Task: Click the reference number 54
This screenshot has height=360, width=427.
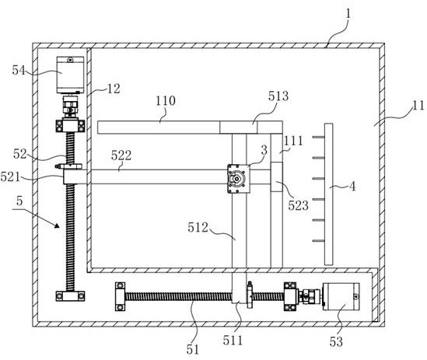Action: point(19,71)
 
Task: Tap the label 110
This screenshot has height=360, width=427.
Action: point(166,101)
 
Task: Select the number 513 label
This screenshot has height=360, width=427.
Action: point(278,96)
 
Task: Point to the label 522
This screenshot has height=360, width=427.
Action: point(121,156)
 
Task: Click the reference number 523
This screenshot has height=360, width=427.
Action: point(299,205)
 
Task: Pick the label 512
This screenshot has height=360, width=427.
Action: point(198,228)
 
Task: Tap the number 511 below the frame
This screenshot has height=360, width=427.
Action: point(233,341)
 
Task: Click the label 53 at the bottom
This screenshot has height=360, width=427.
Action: point(336,342)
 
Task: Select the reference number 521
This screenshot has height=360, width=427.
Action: point(10,177)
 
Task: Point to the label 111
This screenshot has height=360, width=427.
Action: point(293,141)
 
